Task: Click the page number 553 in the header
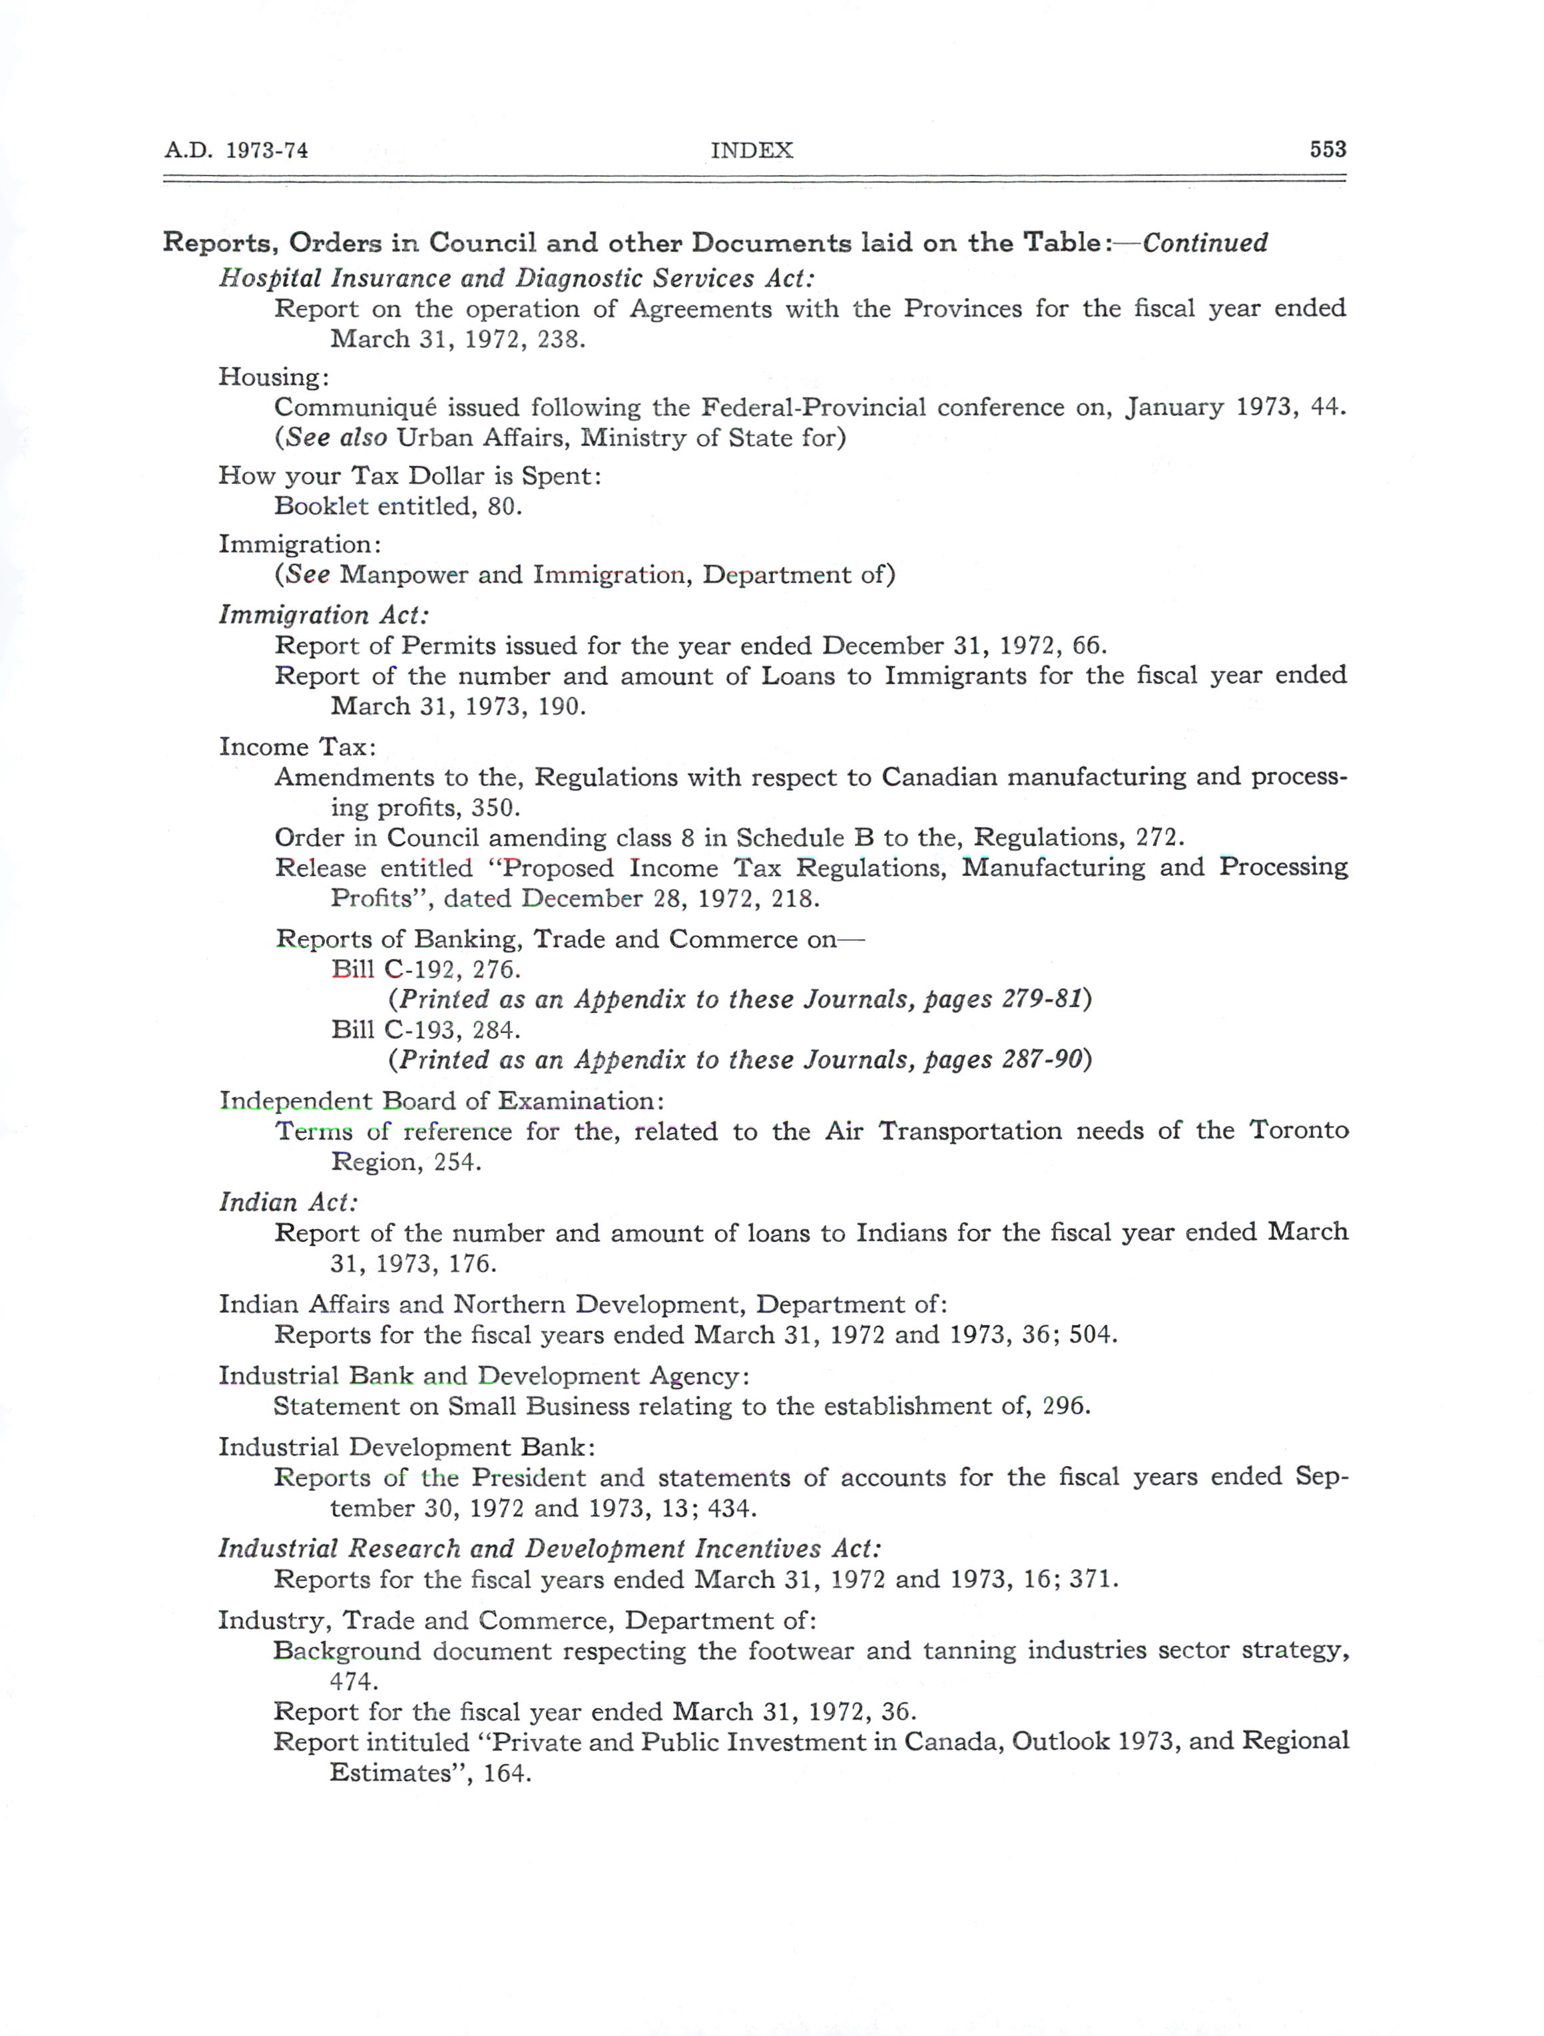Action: click(1327, 149)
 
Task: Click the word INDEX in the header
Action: click(751, 150)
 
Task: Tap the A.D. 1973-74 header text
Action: click(236, 150)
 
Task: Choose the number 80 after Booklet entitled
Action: click(503, 507)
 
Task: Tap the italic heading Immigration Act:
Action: click(323, 615)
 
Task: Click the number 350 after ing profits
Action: click(495, 808)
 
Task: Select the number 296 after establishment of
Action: click(1065, 1406)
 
